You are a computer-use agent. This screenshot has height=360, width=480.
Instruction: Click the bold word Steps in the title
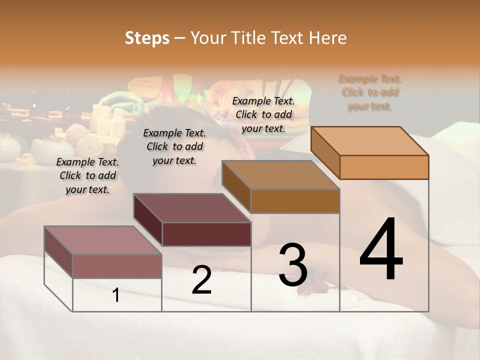(147, 38)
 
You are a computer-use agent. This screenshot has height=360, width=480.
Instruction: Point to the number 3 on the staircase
(293, 265)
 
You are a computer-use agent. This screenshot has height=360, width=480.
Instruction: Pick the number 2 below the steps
(202, 280)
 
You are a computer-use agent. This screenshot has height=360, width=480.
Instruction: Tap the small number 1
(116, 295)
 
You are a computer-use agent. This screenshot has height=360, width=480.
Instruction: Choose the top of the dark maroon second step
(192, 208)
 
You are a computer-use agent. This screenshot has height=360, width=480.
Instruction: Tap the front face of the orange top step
(384, 167)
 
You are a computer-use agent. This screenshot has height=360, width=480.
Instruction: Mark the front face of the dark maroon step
(206, 234)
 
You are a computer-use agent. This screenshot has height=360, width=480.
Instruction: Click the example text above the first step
(87, 176)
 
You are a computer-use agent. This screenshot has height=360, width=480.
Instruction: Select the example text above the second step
(174, 146)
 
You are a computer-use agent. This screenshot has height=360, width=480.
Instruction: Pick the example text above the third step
(263, 115)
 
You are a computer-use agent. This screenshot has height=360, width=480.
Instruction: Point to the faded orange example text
(370, 92)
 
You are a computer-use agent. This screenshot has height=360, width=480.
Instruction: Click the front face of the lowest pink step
(117, 266)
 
